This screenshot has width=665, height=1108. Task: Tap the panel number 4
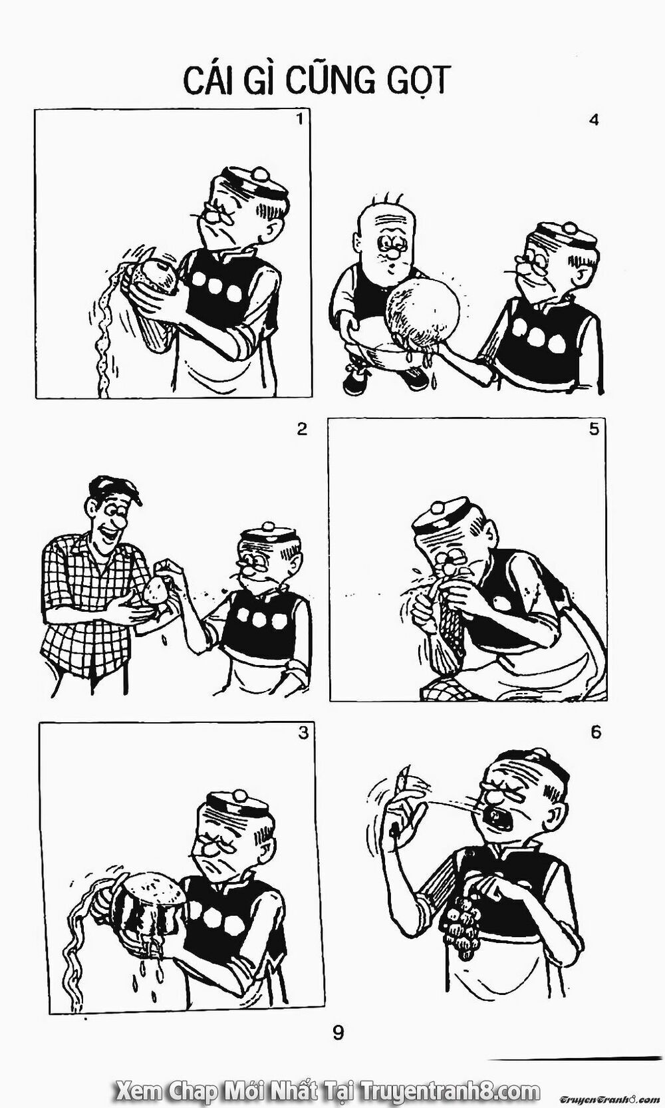point(594,120)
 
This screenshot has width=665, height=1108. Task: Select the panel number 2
point(302,429)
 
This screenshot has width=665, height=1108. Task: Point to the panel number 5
point(594,429)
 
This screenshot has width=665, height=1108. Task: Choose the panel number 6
point(595,732)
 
